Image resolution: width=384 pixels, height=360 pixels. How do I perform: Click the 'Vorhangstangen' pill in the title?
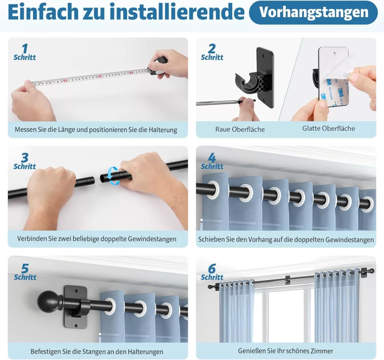pyautogui.click(x=313, y=12)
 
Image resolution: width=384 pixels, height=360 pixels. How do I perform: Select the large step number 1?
pyautogui.click(x=25, y=48)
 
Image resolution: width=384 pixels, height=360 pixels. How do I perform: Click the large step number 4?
pyautogui.click(x=212, y=158)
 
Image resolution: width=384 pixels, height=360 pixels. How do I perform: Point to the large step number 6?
pyautogui.click(x=212, y=269)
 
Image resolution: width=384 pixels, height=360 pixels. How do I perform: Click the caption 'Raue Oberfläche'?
pyautogui.click(x=240, y=129)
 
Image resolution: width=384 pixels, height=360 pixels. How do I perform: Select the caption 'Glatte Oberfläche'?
pyautogui.click(x=328, y=128)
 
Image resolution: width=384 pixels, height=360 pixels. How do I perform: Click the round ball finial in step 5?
pyautogui.click(x=47, y=301)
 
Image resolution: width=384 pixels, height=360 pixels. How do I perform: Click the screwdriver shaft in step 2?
pyautogui.click(x=218, y=103)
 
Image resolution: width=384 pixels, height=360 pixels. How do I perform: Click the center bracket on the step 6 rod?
pyautogui.click(x=288, y=280)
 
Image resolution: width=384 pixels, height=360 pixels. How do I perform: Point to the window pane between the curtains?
pyautogui.click(x=284, y=315)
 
